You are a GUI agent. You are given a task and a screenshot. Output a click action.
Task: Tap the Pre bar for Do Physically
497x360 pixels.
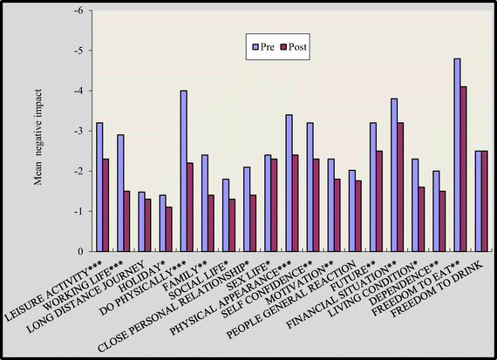(x=184, y=171)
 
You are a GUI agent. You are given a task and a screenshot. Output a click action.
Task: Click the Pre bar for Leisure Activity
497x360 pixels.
(x=99, y=187)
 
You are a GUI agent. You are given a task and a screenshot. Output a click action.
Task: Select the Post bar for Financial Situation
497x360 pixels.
(x=401, y=187)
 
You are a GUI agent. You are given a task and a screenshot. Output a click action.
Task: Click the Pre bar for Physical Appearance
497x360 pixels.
(x=289, y=183)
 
